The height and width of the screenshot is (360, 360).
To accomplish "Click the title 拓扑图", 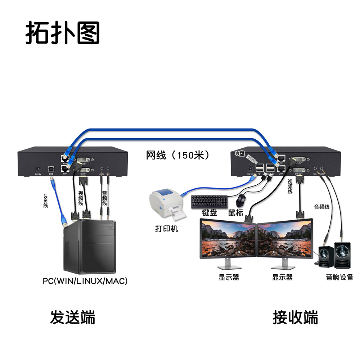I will click(x=62, y=33).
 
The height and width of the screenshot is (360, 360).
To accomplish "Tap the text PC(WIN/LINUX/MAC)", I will click(x=85, y=281).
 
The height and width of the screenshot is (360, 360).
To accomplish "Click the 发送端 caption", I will click(x=72, y=318).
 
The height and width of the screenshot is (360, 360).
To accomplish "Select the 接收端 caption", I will click(x=295, y=318).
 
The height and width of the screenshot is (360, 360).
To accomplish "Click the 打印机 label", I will click(x=166, y=229).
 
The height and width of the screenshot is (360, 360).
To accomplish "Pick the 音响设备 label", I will click(x=339, y=277).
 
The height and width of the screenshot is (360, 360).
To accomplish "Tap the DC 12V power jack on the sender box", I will click(x=38, y=168).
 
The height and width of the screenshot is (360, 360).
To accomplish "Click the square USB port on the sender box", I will click(x=51, y=168).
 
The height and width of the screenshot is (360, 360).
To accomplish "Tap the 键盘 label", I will click(x=210, y=213).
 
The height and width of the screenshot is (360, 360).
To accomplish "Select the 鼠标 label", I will click(x=236, y=213).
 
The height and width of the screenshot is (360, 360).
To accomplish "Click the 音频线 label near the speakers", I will click(x=322, y=207).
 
